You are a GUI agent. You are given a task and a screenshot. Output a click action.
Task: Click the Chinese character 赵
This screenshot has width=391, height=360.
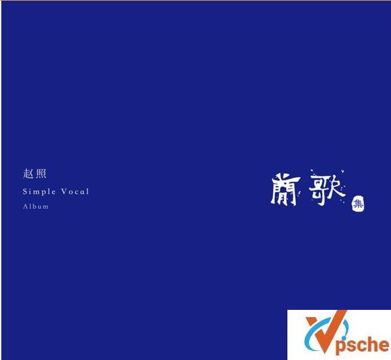pyautogui.click(x=28, y=174)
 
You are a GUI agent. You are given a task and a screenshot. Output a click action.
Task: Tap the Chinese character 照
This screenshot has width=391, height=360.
pyautogui.click(x=41, y=174)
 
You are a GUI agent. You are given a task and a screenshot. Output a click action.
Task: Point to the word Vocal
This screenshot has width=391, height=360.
pyautogui.click(x=75, y=191)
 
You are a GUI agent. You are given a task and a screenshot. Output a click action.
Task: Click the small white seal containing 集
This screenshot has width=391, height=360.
pyautogui.click(x=357, y=204)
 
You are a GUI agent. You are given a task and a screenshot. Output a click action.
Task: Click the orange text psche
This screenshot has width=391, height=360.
pyautogui.click(x=361, y=345)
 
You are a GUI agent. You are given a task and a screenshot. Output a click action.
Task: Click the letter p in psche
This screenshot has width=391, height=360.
pyautogui.click(x=340, y=346)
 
